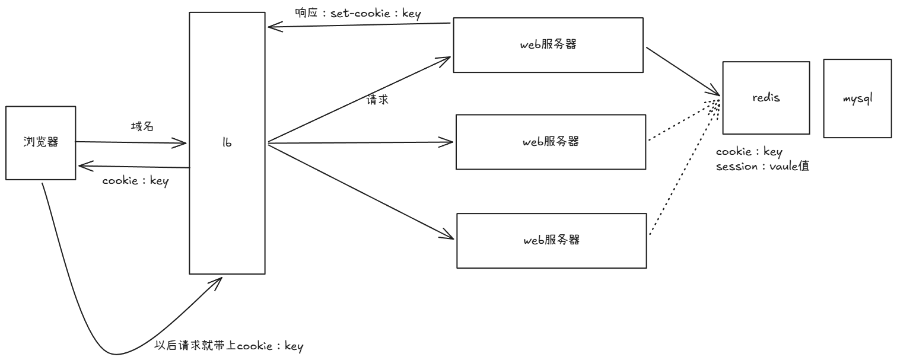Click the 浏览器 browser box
click(41, 142)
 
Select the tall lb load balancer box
click(227, 143)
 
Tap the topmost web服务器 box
click(549, 45)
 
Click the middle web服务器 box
click(551, 142)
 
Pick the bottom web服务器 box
click(552, 240)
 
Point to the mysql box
click(857, 98)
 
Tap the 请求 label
click(378, 100)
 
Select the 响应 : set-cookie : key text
click(358, 14)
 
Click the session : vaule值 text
click(763, 167)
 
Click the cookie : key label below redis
click(749, 152)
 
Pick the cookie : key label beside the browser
click(135, 181)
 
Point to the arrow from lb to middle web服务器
click(356, 142)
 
